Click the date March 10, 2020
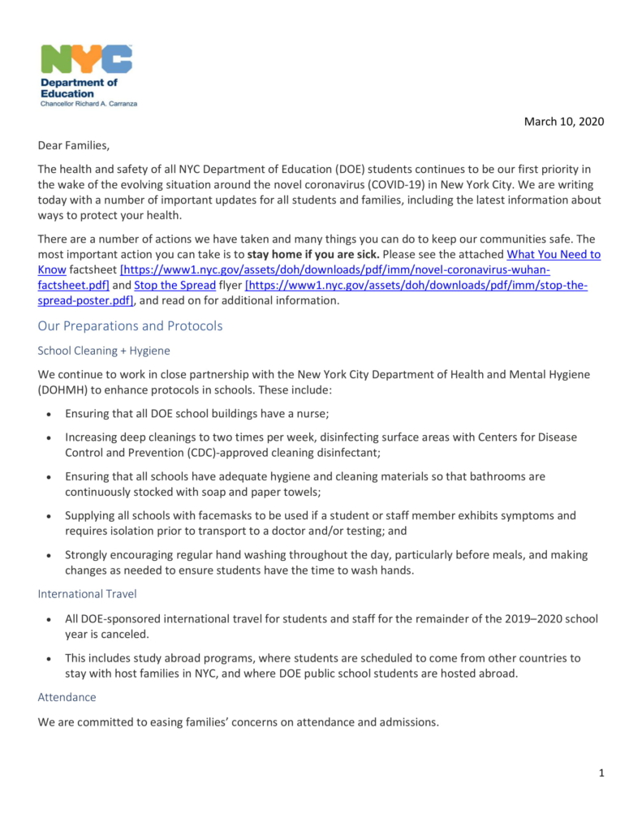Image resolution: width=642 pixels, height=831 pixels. point(564,122)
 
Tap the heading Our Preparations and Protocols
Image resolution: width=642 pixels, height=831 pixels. point(130,325)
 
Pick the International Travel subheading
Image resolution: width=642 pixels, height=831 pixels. point(87,594)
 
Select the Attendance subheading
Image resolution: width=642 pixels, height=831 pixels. point(67,697)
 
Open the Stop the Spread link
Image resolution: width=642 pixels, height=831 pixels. point(175,285)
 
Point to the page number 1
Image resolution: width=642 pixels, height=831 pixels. point(601,773)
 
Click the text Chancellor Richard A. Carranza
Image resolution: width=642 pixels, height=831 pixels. point(88,104)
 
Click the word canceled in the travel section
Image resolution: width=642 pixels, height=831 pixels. point(119,634)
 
